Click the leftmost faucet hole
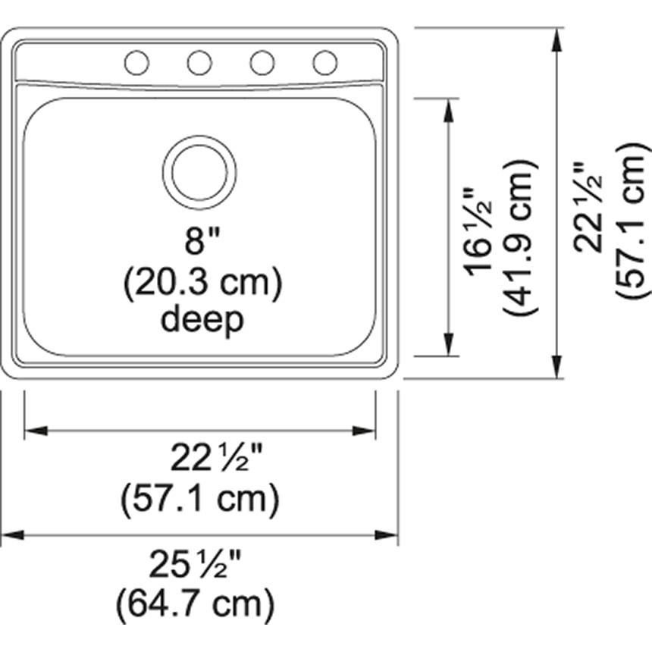(x=136, y=63)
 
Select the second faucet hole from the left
(x=199, y=63)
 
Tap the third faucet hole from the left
(x=262, y=63)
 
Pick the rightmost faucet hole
(x=325, y=63)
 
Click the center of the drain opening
(x=199, y=172)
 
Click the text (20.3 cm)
(x=202, y=282)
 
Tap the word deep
(x=202, y=320)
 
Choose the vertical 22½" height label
(x=588, y=206)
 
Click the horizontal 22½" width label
(x=215, y=458)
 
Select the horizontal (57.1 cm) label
(x=200, y=499)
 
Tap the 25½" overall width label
(x=196, y=563)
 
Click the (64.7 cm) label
(x=195, y=604)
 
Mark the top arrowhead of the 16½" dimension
(x=450, y=109)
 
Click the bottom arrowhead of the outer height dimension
(x=559, y=367)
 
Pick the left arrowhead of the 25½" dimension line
(x=12, y=535)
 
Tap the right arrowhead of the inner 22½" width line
(x=365, y=431)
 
